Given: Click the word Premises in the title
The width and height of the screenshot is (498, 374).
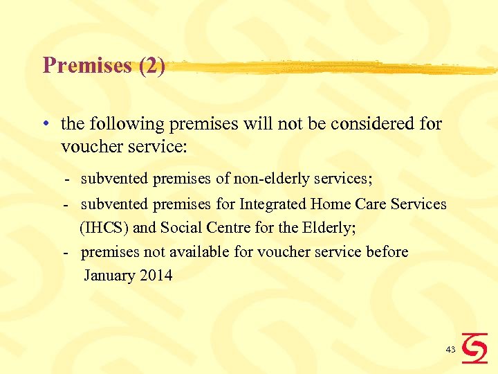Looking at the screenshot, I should click(87, 66).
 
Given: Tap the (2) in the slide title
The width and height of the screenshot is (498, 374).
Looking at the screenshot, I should click(152, 66).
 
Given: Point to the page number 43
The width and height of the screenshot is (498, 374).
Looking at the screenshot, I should click(450, 350).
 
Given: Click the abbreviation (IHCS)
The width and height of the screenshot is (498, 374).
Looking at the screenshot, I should click(104, 227).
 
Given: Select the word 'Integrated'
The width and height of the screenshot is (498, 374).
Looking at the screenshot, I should click(273, 204).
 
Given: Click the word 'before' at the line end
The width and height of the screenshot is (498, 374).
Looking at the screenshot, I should click(387, 251).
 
